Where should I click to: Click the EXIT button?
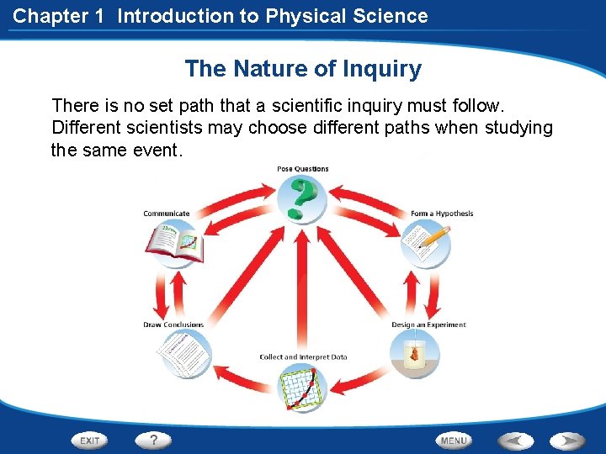[91, 440]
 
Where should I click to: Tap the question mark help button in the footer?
[153, 440]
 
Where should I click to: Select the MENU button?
[453, 440]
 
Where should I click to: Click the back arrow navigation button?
[515, 440]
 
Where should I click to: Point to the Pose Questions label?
[303, 169]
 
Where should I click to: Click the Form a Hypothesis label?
[442, 214]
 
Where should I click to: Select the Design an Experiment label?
[428, 325]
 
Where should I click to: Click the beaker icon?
[415, 355]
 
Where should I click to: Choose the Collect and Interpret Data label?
[303, 356]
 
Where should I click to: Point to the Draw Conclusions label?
[173, 325]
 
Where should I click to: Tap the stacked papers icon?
[184, 354]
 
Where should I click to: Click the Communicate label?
[167, 214]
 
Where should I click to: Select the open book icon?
[175, 244]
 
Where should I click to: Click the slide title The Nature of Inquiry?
[303, 69]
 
